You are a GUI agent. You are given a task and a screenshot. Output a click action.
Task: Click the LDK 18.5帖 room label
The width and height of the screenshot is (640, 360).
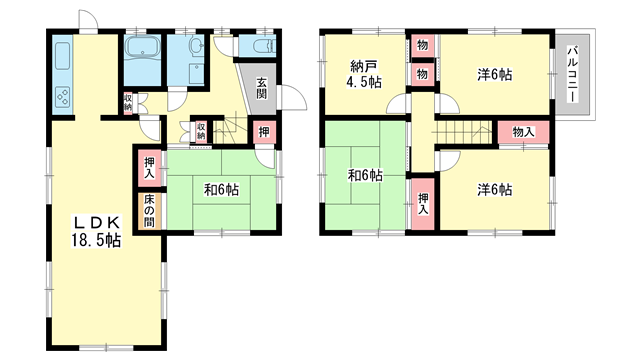point(96,232)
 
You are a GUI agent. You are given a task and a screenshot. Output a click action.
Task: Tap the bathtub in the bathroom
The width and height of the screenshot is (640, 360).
point(142,47)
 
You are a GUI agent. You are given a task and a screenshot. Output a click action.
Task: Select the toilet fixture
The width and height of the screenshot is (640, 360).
point(262,45)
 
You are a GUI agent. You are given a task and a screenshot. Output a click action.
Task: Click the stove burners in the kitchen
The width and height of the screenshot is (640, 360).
point(62,97)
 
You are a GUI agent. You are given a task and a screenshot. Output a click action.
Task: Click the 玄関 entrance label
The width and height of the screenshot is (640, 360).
point(262,88)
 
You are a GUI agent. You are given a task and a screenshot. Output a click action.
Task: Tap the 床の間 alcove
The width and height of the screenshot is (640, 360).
point(149,211)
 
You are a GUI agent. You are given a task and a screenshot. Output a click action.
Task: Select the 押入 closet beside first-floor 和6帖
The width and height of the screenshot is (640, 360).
point(149,168)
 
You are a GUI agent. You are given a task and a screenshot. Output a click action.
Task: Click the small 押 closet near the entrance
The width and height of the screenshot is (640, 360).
point(264,132)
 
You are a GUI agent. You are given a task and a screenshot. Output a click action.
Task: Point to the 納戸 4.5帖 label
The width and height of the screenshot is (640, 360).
point(364,74)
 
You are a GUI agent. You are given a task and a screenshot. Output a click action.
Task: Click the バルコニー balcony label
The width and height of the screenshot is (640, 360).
point(573,74)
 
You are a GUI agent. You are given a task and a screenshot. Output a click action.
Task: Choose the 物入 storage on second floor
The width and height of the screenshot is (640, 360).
point(523,132)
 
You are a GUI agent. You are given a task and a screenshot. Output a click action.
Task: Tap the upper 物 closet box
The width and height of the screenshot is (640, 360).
point(422,45)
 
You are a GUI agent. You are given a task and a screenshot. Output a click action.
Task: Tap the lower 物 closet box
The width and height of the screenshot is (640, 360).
point(422,74)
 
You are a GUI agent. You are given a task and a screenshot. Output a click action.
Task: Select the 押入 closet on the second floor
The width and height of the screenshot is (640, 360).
point(423,204)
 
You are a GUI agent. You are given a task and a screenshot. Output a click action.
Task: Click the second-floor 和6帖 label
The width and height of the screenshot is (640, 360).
point(365,176)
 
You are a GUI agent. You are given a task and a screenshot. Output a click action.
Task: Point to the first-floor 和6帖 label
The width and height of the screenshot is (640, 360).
point(221,190)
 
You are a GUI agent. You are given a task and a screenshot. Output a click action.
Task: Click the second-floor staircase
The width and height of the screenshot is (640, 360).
point(465,132)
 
